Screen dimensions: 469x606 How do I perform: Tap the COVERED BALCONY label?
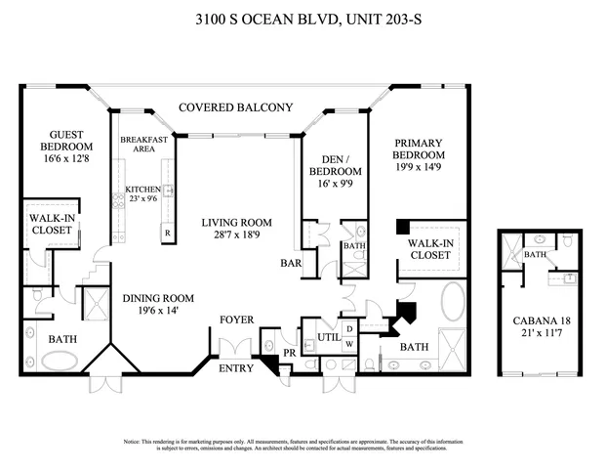(x=235, y=107)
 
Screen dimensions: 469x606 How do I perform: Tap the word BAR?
(x=289, y=263)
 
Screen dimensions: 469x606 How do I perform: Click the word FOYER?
(x=236, y=320)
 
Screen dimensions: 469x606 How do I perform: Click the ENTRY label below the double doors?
(x=236, y=368)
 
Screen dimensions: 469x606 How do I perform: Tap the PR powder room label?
(x=290, y=351)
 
